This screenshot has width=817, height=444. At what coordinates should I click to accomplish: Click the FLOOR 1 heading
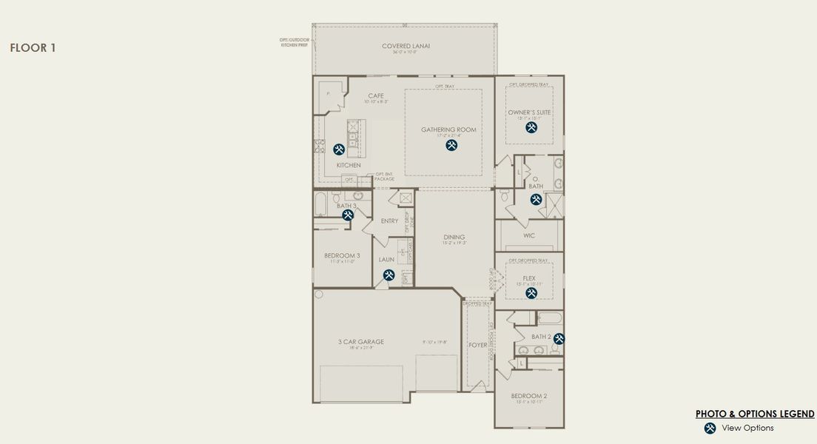(x=33, y=48)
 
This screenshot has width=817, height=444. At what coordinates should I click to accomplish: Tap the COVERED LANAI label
(x=406, y=46)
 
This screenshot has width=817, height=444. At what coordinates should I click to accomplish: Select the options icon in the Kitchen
(x=339, y=149)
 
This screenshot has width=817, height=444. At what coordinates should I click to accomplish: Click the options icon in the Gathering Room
(x=451, y=146)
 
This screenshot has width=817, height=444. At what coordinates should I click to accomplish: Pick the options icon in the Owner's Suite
(x=531, y=127)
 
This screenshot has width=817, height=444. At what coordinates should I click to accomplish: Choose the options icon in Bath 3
(x=348, y=215)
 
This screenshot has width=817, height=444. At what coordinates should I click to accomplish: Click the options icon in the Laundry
(x=389, y=275)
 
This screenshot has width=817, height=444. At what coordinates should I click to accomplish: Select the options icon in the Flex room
(x=531, y=293)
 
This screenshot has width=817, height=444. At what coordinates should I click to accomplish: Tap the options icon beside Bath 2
(x=559, y=339)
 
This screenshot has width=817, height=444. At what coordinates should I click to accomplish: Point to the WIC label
(x=528, y=236)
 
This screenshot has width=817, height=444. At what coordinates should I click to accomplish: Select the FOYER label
(x=478, y=345)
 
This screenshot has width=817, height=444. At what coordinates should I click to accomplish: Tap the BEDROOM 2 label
(x=529, y=397)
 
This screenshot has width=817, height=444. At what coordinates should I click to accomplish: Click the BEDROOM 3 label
(x=342, y=256)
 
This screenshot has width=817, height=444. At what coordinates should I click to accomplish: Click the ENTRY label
(x=389, y=221)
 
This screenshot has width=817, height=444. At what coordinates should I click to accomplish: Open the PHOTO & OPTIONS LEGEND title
(x=755, y=414)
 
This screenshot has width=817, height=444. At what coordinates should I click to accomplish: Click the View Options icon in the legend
(x=710, y=428)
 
